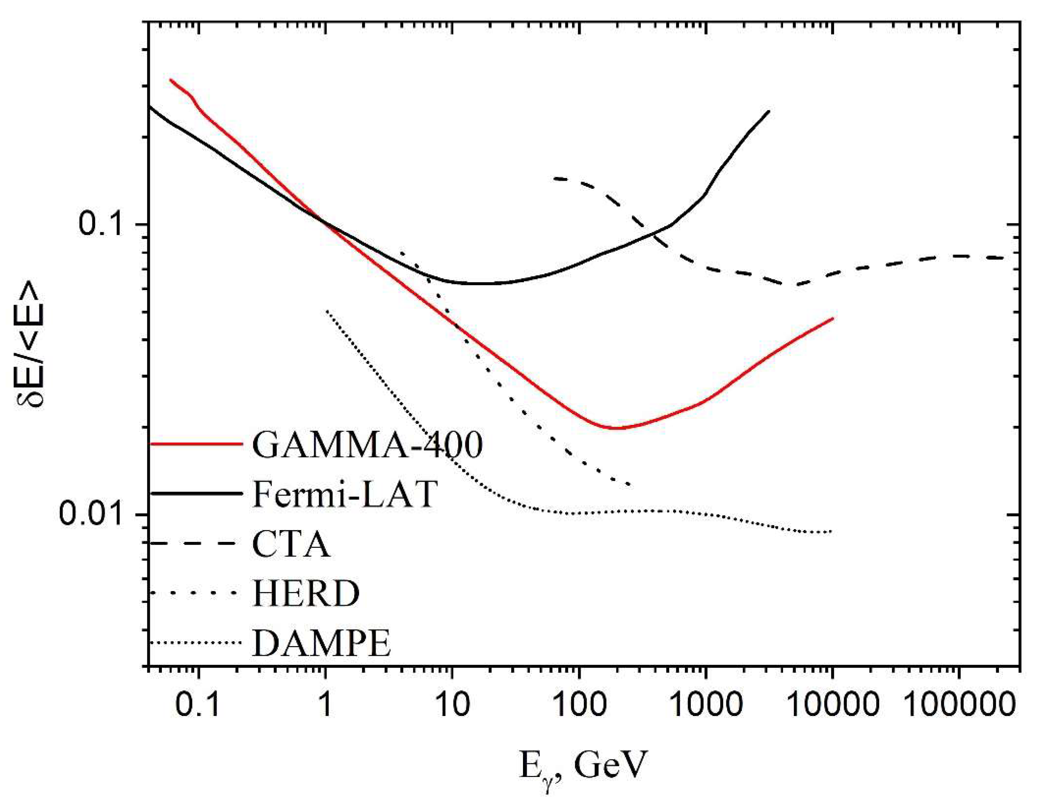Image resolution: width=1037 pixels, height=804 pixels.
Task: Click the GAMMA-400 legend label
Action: [x=367, y=445]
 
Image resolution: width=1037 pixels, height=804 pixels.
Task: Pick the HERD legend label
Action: [x=306, y=594]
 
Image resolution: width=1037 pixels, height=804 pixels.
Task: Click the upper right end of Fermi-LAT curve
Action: [x=769, y=111]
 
